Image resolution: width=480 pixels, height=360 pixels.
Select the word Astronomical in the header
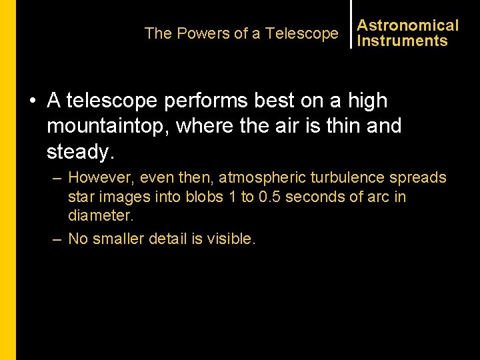pos(408,25)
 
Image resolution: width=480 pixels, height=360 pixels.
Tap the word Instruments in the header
pos(403,41)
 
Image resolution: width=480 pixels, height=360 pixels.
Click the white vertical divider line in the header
pos(351,24)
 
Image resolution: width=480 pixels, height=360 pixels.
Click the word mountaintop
pos(109,127)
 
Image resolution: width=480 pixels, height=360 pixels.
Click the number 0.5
pos(269,197)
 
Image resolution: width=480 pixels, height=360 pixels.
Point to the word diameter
pos(100,215)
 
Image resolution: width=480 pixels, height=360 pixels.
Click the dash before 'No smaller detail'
pos(57,239)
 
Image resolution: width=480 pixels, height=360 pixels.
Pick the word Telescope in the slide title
pos(302,33)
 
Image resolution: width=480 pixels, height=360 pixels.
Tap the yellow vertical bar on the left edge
pos(7,180)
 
